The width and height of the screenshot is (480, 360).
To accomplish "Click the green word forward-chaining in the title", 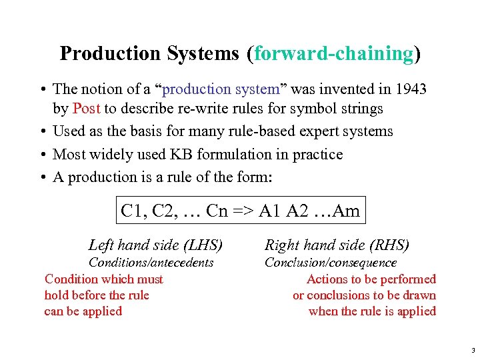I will click(333, 53).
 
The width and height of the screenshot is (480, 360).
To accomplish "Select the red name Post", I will click(87, 108).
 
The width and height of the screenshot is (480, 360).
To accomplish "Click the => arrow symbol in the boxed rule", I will click(245, 211).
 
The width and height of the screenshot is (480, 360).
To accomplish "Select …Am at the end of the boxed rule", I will click(338, 211).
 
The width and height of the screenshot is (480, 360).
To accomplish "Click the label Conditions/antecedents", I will click(151, 263).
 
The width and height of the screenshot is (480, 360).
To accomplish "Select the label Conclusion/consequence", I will click(331, 263).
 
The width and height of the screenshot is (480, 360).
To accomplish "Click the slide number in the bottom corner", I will click(472, 349).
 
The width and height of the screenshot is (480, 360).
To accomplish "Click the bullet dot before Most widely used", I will click(42, 155).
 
